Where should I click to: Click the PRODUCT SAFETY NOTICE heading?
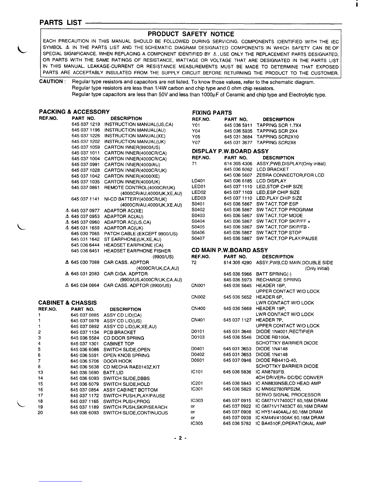(x=191, y=34)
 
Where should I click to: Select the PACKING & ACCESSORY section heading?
(x=74, y=112)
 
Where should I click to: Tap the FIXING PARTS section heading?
(x=212, y=113)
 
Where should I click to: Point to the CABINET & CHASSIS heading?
(x=67, y=303)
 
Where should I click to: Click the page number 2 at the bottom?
(x=180, y=438)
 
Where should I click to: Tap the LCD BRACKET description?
(x=273, y=169)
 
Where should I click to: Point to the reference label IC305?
(x=197, y=424)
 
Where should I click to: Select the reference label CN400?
(x=198, y=309)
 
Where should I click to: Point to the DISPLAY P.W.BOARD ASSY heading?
(x=230, y=151)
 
